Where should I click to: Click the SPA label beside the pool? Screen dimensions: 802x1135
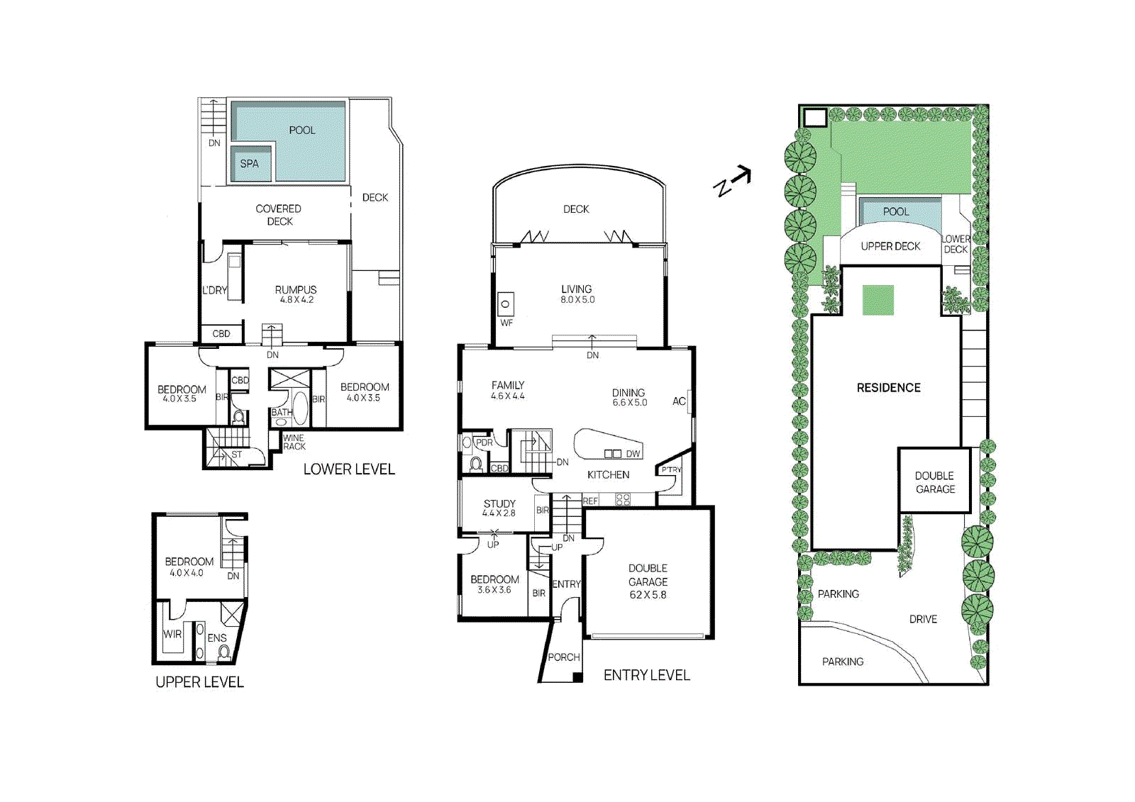tap(249, 164)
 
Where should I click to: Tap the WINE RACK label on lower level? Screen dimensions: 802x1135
tap(294, 442)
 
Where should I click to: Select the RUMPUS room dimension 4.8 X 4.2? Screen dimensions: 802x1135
tap(297, 300)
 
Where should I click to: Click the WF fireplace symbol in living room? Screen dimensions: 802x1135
tap(506, 304)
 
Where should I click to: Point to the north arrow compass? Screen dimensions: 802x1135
tap(731, 182)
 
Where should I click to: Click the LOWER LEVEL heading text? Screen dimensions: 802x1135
tap(349, 469)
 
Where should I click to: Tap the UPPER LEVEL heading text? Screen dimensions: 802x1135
tap(199, 682)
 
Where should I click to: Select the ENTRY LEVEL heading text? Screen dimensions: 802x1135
tap(646, 676)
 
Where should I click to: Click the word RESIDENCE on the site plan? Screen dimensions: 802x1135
tap(888, 388)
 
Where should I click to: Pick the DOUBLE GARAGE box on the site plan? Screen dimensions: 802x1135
tap(934, 481)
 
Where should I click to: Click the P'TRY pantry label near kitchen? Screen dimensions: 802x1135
tap(670, 470)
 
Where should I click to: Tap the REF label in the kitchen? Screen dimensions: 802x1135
tap(590, 501)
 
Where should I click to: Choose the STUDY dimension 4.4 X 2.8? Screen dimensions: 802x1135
tap(499, 513)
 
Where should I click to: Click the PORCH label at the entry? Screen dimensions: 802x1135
tap(564, 657)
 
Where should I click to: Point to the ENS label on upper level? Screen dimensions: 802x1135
tap(216, 638)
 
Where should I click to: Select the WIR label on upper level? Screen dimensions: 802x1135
tap(172, 634)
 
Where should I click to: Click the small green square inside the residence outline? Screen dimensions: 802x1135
tap(877, 300)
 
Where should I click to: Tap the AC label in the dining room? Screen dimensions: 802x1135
tap(678, 401)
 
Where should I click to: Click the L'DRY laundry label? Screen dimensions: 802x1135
tap(214, 290)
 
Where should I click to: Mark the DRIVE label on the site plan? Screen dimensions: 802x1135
tap(923, 619)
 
